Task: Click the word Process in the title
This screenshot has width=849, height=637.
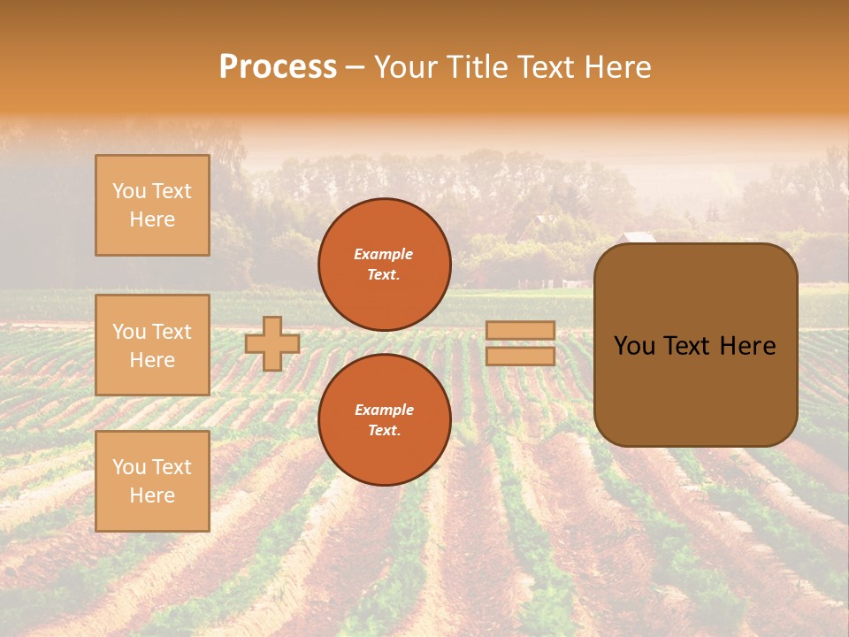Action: (278, 67)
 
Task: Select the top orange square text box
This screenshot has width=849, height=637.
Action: (152, 205)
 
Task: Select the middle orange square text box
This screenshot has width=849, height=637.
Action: (152, 345)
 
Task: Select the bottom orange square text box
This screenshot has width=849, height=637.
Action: (152, 481)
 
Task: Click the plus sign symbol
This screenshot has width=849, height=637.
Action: (272, 343)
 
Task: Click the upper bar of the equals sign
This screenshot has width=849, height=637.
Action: (521, 331)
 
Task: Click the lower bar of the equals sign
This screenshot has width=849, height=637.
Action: (521, 356)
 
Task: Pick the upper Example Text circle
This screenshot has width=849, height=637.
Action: (385, 265)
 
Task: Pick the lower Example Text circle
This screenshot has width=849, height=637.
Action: (385, 420)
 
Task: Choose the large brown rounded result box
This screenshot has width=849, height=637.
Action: (695, 345)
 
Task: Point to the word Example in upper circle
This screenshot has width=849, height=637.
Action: (383, 254)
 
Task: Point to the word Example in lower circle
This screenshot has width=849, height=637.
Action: (384, 410)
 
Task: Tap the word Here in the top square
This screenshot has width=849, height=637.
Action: (152, 219)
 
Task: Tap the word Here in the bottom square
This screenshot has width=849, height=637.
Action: (152, 495)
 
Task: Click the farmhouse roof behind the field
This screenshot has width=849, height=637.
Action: (639, 237)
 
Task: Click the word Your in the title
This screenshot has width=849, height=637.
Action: (406, 67)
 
